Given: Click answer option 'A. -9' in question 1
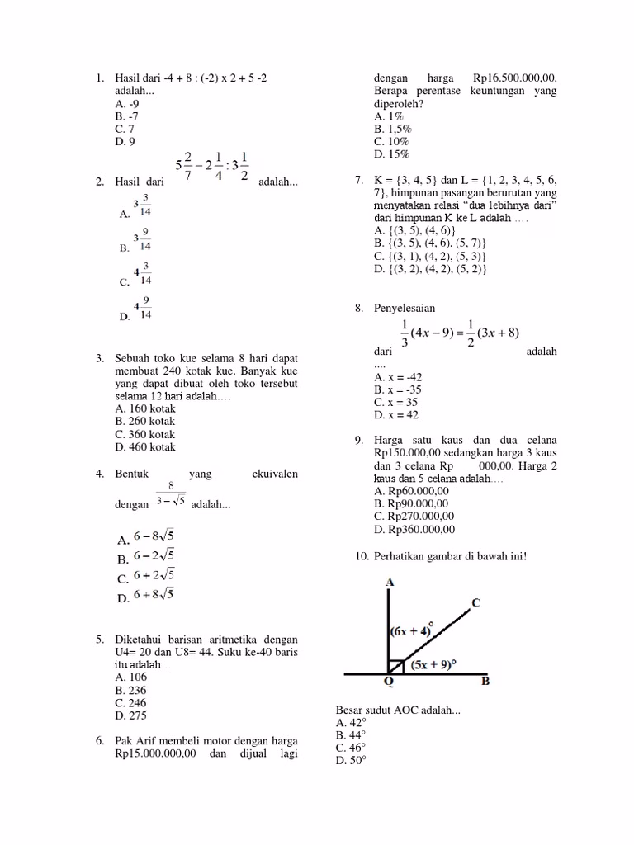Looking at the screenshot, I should click(x=127, y=104).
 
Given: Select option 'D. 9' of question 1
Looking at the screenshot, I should click(x=125, y=142).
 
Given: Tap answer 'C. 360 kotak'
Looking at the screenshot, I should click(x=145, y=434).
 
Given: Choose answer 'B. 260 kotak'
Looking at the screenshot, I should click(x=145, y=421).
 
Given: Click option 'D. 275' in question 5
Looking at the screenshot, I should click(x=131, y=716).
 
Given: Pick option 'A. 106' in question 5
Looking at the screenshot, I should click(x=131, y=677).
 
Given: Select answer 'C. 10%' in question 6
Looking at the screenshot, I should click(x=392, y=141).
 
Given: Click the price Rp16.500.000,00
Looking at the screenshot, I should click(x=515, y=78).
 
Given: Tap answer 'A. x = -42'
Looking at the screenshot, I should click(x=398, y=376).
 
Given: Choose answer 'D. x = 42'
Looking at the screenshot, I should click(x=396, y=415).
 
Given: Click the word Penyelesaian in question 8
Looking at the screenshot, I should click(x=405, y=308).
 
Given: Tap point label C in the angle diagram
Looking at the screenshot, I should click(x=475, y=602).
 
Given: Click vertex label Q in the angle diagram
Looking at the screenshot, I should click(x=388, y=682).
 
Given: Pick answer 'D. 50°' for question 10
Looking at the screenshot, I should click(x=350, y=761).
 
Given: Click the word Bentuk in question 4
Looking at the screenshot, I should click(x=132, y=474).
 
